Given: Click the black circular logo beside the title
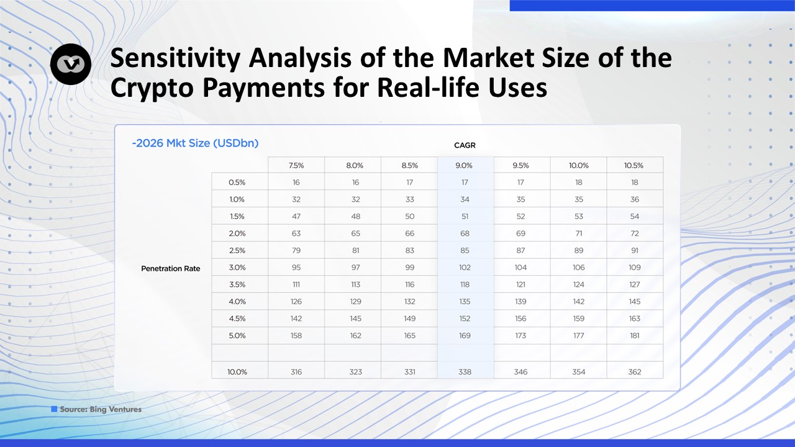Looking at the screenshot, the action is (71, 64).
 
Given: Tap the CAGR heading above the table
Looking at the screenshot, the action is (465, 145).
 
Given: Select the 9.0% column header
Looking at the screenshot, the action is (464, 165).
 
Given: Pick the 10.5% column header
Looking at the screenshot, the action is (634, 165).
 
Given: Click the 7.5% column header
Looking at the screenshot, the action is (296, 165).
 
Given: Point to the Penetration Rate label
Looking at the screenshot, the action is (170, 269).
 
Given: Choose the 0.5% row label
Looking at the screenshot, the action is (237, 183).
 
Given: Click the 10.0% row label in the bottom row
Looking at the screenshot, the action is (237, 372).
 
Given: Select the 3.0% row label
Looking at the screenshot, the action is (237, 268).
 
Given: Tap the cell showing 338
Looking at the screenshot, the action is (465, 372).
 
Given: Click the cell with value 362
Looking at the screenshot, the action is (635, 372).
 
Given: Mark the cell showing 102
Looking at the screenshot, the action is (465, 268).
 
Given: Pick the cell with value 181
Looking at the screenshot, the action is (635, 336).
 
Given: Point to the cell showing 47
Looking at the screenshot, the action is (296, 217).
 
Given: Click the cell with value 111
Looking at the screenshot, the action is (296, 284).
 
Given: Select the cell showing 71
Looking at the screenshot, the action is (578, 233).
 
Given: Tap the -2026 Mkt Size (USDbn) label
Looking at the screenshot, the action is (195, 143).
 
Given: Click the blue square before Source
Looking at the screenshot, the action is (54, 409).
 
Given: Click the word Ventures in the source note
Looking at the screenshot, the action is (125, 409).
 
